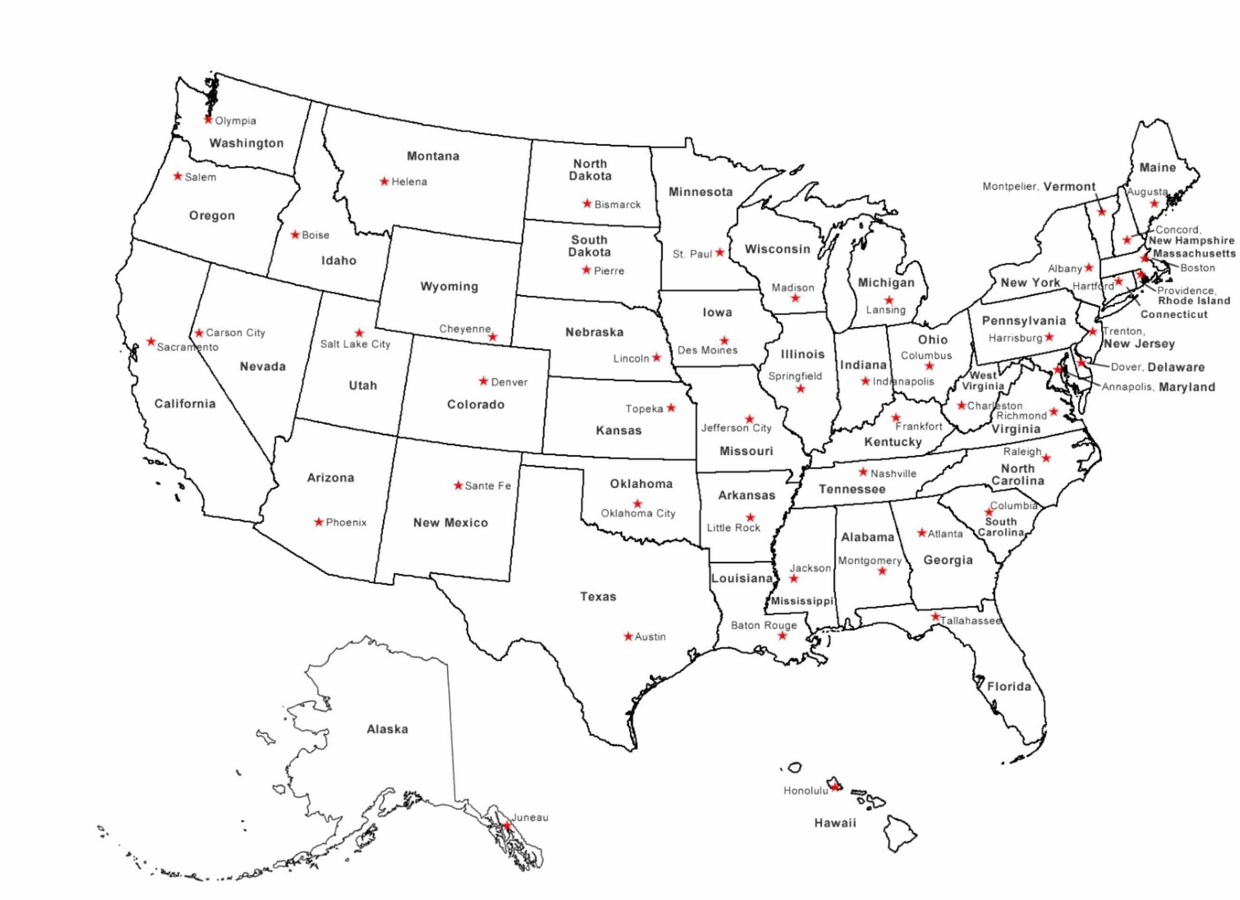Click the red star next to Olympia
pyautogui.click(x=208, y=120)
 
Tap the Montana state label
pyautogui.click(x=433, y=156)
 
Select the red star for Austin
pyautogui.click(x=628, y=636)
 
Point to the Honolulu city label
pyautogui.click(x=806, y=791)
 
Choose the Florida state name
pyautogui.click(x=1009, y=686)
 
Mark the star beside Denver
pyautogui.click(x=483, y=381)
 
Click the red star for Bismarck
pyautogui.click(x=587, y=204)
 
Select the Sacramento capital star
pyautogui.click(x=151, y=341)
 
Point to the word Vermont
pyautogui.click(x=1069, y=187)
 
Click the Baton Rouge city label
pyautogui.click(x=763, y=625)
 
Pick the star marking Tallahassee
pyautogui.click(x=936, y=617)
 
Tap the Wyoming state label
pyautogui.click(x=449, y=286)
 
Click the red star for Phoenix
pyautogui.click(x=318, y=523)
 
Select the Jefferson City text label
pyautogui.click(x=736, y=428)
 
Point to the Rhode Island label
pyautogui.click(x=1193, y=301)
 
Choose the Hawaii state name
pyautogui.click(x=835, y=823)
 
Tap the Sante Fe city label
pyautogui.click(x=487, y=486)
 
